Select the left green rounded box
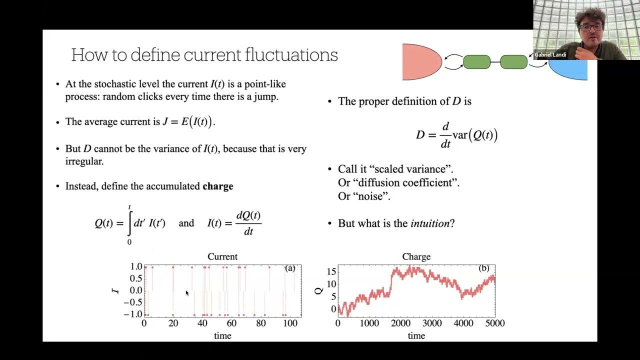tap(476, 62)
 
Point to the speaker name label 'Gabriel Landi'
tap(550, 55)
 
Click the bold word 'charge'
tap(217, 186)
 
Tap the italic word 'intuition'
tap(429, 223)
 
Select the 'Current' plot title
tap(222, 256)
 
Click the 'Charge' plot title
tap(416, 256)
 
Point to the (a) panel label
tap(290, 268)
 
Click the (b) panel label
tap(483, 268)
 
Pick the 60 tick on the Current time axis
tap(231, 323)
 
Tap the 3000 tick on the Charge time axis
tap(432, 323)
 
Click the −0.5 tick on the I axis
tap(132, 302)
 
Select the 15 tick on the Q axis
tap(331, 272)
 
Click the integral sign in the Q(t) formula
tap(129, 223)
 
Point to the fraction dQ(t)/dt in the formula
tap(248, 223)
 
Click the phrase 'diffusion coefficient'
tap(398, 183)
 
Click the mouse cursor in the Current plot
tap(187, 293)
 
